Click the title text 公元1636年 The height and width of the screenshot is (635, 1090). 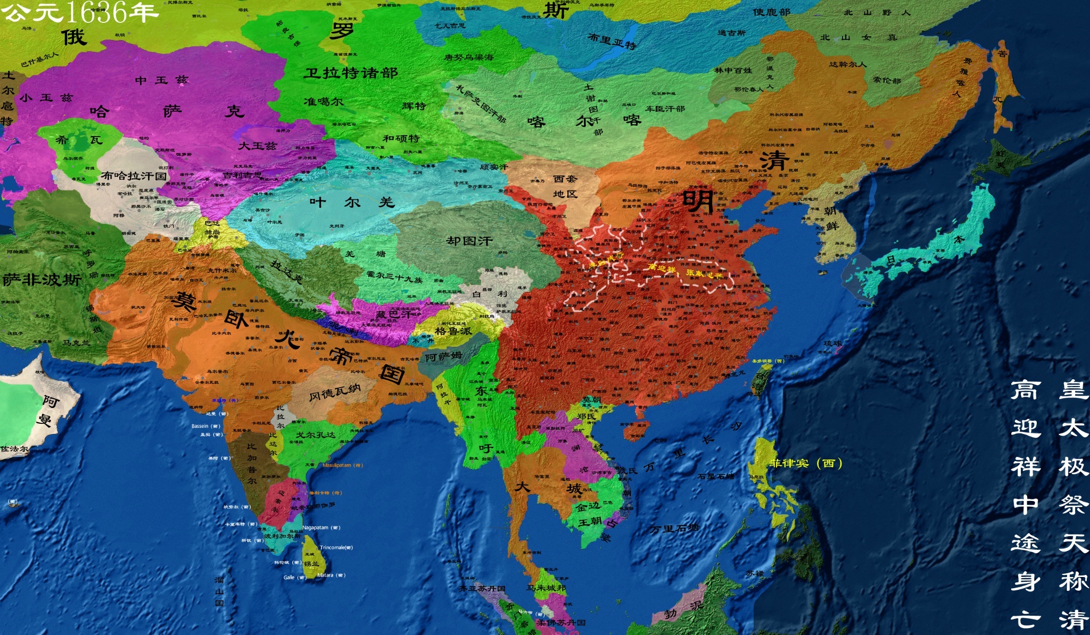pos(80,12)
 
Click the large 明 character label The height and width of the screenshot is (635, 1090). pos(698,201)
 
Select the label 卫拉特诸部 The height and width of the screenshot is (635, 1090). pos(351,73)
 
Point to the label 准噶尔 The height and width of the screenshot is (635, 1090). pos(323,101)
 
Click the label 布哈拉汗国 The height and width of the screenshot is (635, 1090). pos(134,176)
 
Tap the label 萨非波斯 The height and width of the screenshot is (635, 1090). pos(42,280)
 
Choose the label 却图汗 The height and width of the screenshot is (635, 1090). pos(469,241)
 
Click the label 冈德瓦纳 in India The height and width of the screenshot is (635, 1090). pos(335,392)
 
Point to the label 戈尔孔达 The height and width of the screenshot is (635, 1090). pos(316,435)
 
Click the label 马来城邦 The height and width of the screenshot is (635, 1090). pos(546,588)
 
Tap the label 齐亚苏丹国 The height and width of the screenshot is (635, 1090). pos(482,589)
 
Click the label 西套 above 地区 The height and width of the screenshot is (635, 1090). pos(565,179)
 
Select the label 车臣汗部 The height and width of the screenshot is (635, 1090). pos(665,108)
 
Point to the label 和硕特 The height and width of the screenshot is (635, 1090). pos(401,138)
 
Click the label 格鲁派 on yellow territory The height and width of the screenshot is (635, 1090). pos(453,331)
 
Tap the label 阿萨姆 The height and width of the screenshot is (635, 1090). pos(443,357)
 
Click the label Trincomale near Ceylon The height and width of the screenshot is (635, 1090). pos(336,547)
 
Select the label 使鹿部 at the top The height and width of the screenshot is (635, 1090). pos(771,12)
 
